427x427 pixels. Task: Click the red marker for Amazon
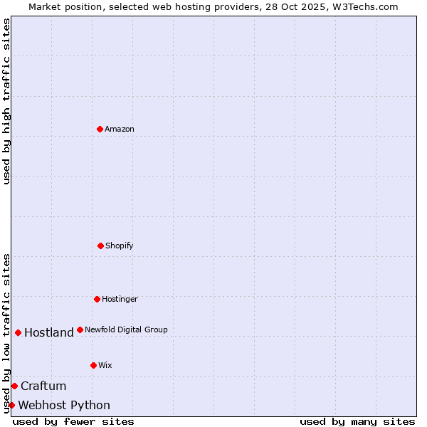(100, 129)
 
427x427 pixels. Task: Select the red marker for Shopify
(100, 246)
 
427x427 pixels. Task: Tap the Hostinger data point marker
(97, 299)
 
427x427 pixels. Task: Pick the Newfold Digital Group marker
(80, 330)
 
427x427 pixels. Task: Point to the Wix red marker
(93, 365)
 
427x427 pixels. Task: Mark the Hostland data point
(18, 332)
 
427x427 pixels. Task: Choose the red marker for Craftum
(14, 386)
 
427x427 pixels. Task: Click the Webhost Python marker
(11, 405)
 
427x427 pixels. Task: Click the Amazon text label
(120, 129)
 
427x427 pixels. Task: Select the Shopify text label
(120, 246)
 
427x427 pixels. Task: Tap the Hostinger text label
(120, 299)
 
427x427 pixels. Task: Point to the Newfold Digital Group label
(126, 330)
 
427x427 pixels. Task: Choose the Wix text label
(105, 365)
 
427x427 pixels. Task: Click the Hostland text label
(49, 332)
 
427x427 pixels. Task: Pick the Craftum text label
(43, 386)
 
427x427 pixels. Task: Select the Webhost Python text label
(64, 405)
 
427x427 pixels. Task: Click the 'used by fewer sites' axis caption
(73, 421)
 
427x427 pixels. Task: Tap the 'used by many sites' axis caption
(357, 421)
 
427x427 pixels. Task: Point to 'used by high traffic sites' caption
(6, 101)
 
